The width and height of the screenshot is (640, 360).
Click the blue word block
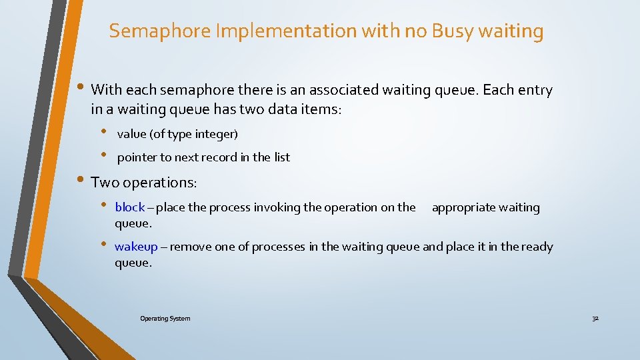[x=129, y=207]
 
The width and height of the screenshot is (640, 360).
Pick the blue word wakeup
[x=136, y=247]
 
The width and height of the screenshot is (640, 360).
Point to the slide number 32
[x=595, y=319]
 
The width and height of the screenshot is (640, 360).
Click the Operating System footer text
[x=165, y=319]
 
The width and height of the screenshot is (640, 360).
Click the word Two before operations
[x=103, y=182]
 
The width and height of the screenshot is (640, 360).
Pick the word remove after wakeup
[x=191, y=247]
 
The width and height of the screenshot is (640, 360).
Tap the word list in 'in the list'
[x=282, y=157]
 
